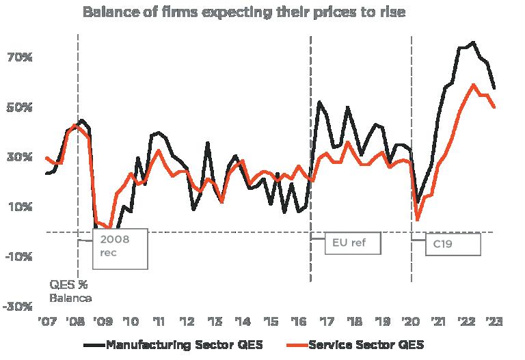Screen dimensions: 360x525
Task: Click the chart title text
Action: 244,12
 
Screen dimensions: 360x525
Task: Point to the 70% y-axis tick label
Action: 19,57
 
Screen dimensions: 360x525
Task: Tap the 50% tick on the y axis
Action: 19,107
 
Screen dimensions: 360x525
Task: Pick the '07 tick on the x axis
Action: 47,322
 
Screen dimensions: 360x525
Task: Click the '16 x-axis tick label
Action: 298,322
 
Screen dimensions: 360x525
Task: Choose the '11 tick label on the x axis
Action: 159,322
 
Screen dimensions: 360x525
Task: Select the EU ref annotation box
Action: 351,243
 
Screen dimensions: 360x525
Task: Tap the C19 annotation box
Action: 453,244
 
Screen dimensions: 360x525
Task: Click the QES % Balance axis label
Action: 70,291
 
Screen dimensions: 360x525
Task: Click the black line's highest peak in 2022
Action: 473,42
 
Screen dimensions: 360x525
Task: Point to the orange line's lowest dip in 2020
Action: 418,219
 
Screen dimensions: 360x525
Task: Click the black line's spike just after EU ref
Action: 320,102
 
